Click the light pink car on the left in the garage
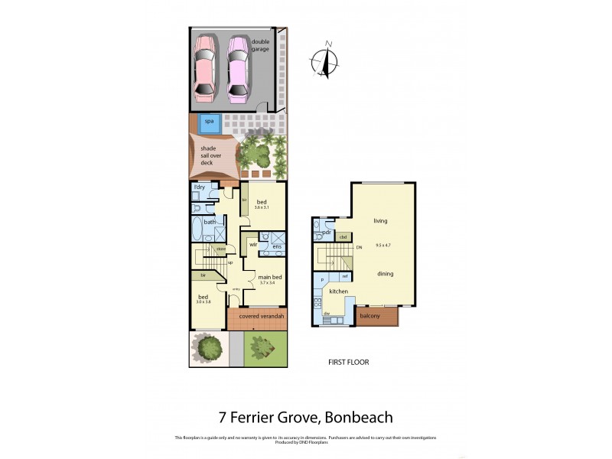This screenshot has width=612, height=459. tap(205, 68)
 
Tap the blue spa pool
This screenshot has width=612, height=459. tap(209, 121)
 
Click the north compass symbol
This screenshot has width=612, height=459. tap(327, 60)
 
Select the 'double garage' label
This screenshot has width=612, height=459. tap(266, 45)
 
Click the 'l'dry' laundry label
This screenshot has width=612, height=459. tap(199, 187)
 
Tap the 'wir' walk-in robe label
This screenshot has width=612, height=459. tap(252, 245)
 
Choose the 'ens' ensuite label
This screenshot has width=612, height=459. tap(277, 246)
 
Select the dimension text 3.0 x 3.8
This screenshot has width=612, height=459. tap(203, 303)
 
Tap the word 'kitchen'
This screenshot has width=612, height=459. tap(339, 292)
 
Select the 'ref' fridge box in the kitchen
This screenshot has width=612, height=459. tap(345, 276)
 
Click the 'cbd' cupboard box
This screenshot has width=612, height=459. tap(343, 237)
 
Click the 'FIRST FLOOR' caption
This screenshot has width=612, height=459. tap(347, 362)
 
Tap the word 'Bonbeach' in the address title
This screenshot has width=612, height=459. tap(359, 417)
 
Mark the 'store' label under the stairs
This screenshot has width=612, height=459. tap(220, 249)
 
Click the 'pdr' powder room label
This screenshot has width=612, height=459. tap(326, 232)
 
